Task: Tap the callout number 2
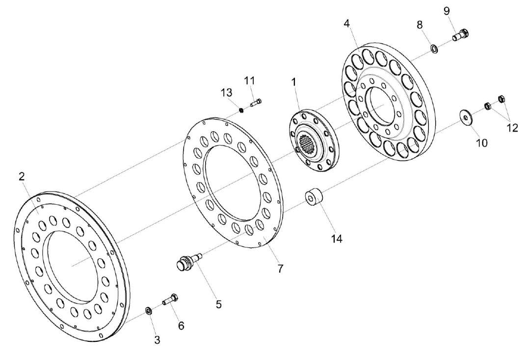[x=22, y=177]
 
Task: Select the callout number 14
[x=336, y=239]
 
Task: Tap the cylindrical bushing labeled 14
[x=314, y=198]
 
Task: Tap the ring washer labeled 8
[x=434, y=49]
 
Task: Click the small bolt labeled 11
[x=256, y=103]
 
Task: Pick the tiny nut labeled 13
[x=241, y=110]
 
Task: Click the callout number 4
[x=346, y=23]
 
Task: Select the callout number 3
[x=157, y=339]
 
